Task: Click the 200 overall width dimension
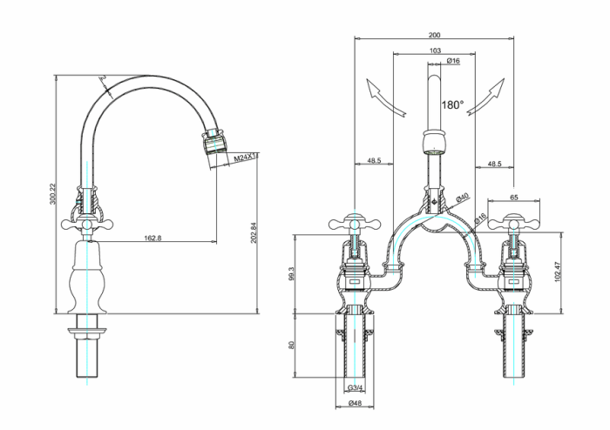tap(435, 36)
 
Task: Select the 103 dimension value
tap(435, 50)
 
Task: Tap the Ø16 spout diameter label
tap(453, 62)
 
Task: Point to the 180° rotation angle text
tap(452, 104)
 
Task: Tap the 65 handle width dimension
tap(513, 198)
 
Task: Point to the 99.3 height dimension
tap(292, 273)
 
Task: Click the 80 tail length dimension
tap(292, 345)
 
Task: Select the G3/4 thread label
tap(356, 388)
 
